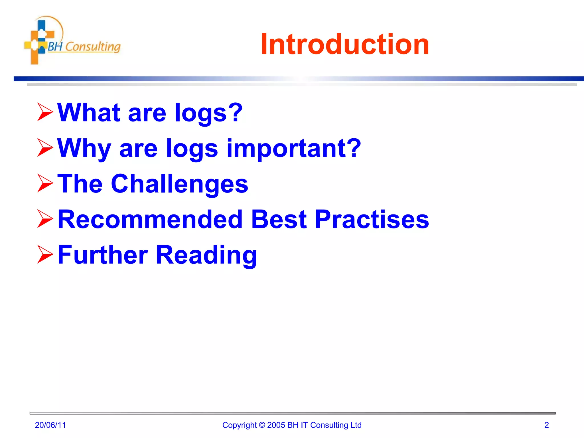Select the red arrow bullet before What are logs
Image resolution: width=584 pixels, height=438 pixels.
[45, 112]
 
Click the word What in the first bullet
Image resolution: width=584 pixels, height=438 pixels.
[89, 112]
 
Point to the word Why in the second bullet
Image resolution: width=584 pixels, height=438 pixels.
[84, 148]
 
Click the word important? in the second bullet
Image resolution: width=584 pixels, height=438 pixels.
[294, 148]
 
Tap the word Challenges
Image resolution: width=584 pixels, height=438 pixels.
[179, 184]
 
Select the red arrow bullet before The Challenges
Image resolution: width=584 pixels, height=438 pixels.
[45, 183]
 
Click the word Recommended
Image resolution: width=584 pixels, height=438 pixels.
[150, 219]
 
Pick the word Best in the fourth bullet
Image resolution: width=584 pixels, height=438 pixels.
[279, 219]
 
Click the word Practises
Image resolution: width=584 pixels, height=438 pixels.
[372, 219]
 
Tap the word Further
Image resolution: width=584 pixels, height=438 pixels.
[103, 255]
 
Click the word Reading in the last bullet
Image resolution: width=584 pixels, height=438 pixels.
[206, 255]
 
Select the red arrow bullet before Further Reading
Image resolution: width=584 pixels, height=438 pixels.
[45, 255]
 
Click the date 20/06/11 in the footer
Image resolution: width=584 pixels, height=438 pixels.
[50, 425]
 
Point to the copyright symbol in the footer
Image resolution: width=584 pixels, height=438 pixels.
[262, 425]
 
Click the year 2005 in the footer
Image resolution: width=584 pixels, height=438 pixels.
[276, 425]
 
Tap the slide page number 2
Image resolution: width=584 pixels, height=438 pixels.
[546, 425]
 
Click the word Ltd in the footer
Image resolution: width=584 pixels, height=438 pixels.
[356, 425]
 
